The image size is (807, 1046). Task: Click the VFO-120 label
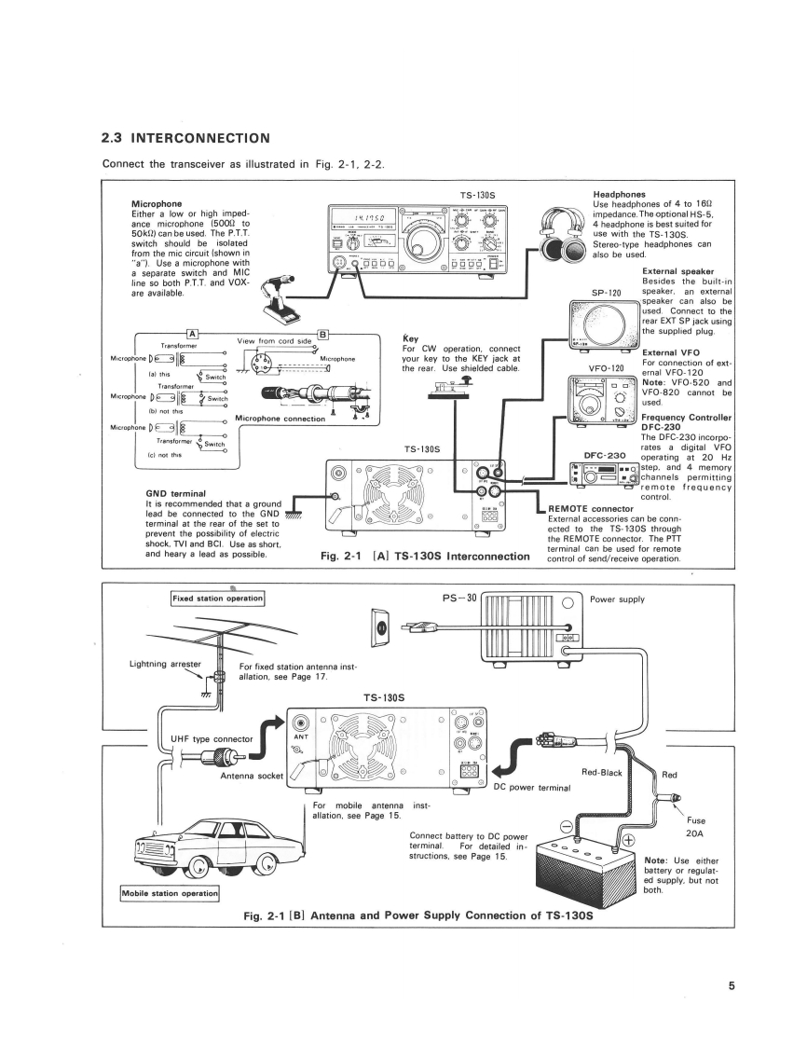pos(606,368)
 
